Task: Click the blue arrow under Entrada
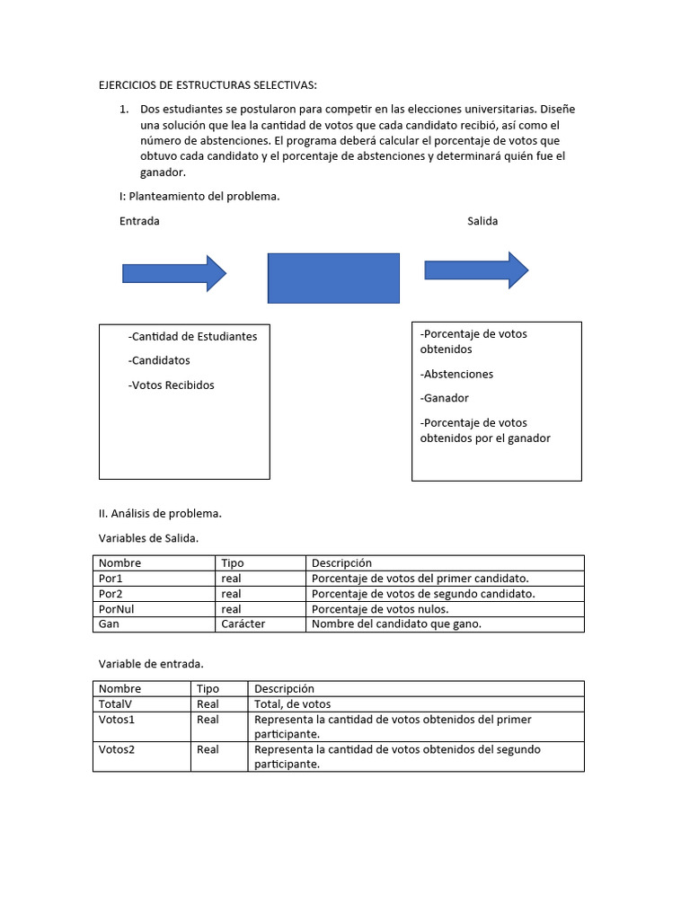click(x=173, y=273)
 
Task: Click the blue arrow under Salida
click(x=476, y=270)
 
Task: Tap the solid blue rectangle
click(x=333, y=278)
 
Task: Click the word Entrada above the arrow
click(x=139, y=221)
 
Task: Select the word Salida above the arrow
click(x=482, y=221)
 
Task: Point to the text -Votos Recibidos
click(x=172, y=385)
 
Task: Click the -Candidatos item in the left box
click(x=159, y=360)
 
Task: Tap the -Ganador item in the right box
click(x=444, y=398)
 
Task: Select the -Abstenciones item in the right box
click(x=456, y=374)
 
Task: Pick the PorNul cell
click(x=117, y=609)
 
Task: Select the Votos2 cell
click(x=117, y=749)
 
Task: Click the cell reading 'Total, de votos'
click(x=293, y=704)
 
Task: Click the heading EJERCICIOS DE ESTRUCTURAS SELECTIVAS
click(x=208, y=85)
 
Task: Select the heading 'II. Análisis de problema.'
click(x=160, y=514)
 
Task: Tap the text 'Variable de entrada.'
click(x=151, y=664)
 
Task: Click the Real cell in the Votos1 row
click(x=208, y=720)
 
